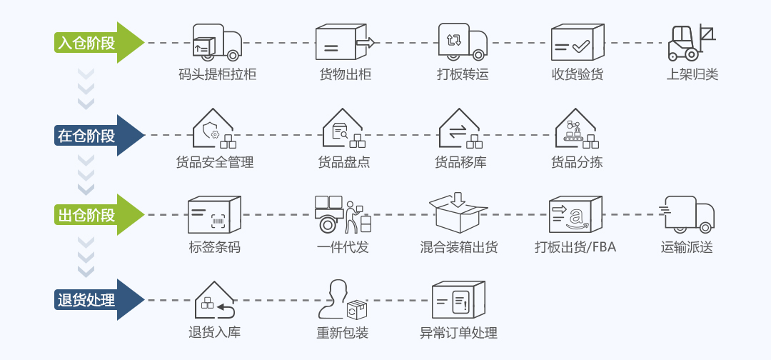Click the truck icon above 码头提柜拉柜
tap(217, 42)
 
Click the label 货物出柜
tap(346, 74)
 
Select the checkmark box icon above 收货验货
tap(577, 43)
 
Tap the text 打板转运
tap(463, 74)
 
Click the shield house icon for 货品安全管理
tap(214, 129)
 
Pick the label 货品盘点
tap(344, 162)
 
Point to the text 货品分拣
tap(577, 162)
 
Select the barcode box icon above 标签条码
tap(214, 215)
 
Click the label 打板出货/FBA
tap(575, 248)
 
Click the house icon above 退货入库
tap(214, 300)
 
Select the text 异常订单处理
tap(458, 333)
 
